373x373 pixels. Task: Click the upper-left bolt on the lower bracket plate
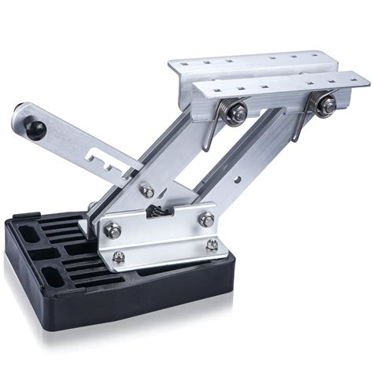tap(115, 230)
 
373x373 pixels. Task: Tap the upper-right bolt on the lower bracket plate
tap(207, 220)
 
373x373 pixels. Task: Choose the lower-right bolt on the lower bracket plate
tap(212, 246)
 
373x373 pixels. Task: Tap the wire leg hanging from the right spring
tap(299, 126)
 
